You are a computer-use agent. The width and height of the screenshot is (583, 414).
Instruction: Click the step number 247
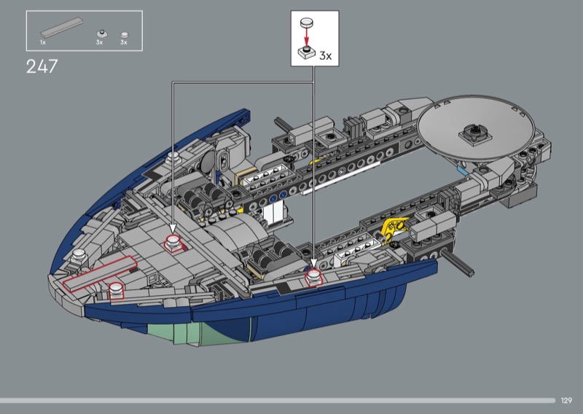(42, 66)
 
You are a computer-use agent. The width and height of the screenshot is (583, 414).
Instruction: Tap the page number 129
(566, 400)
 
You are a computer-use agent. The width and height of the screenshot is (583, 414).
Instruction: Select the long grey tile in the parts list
(62, 28)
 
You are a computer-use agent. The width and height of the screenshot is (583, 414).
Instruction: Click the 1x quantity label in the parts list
(43, 42)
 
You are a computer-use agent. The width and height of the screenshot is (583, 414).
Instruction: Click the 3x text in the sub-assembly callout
(325, 56)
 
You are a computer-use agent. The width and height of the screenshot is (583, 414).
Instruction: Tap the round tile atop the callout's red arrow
(307, 23)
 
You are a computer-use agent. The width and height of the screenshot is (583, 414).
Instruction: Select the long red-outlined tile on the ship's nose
(100, 273)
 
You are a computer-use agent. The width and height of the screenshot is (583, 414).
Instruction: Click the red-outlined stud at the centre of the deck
(173, 243)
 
